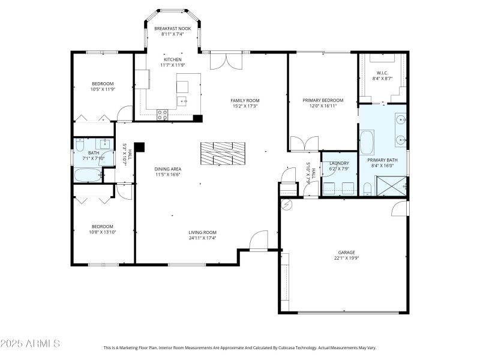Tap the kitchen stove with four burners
162,114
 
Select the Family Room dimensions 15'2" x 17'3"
245,106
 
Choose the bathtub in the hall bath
88,175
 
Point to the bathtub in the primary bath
366,144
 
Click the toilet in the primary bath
367,190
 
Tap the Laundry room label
339,163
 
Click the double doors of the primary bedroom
305,144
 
